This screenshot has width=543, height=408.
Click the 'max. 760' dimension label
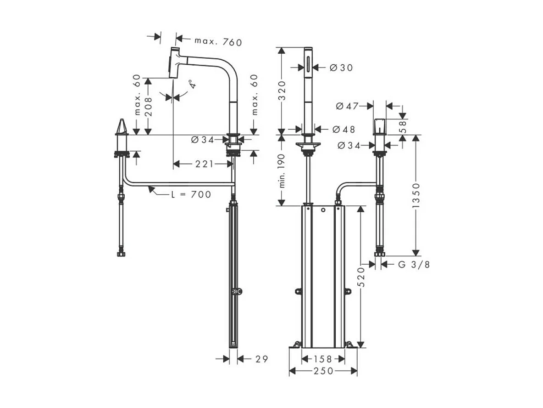[218, 41]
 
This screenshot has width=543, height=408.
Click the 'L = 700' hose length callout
[191, 194]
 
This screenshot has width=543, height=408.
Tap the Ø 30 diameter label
[342, 68]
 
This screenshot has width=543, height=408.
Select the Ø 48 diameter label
[342, 129]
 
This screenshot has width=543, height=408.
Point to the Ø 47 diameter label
[347, 106]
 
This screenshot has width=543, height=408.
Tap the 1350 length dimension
[416, 196]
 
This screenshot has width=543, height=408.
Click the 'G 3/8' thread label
[414, 264]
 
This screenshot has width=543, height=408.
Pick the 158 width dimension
[323, 358]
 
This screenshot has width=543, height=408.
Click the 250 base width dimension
[323, 371]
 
